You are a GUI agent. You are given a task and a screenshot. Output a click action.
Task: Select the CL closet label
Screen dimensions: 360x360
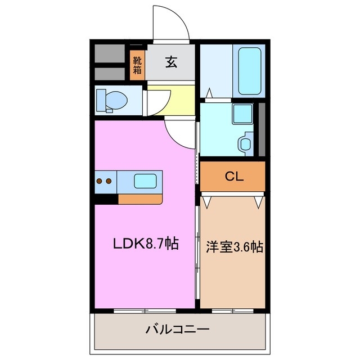233,177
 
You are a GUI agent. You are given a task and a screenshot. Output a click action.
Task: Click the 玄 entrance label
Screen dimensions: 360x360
171,62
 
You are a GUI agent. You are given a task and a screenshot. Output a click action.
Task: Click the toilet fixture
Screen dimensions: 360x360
111,100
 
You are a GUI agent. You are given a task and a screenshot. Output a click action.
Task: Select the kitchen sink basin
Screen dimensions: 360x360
145,181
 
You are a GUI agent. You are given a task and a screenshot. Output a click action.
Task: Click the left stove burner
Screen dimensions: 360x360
100,181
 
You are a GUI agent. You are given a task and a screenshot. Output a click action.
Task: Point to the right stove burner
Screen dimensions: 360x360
109,181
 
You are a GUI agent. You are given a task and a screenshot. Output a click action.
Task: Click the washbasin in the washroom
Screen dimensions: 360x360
246,143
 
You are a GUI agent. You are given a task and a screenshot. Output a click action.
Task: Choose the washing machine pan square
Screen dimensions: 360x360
243,114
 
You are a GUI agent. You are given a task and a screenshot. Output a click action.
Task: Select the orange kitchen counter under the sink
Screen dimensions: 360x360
141,198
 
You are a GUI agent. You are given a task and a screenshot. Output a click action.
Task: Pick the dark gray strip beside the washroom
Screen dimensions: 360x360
261,129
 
